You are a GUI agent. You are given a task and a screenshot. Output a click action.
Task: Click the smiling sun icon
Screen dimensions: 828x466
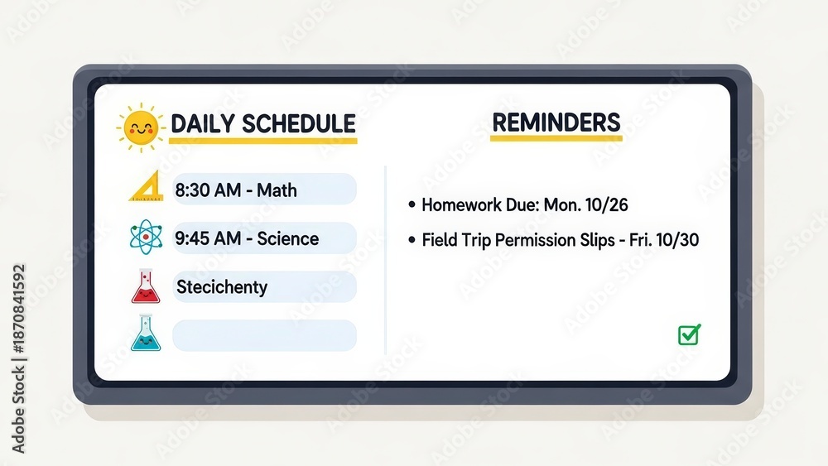141,127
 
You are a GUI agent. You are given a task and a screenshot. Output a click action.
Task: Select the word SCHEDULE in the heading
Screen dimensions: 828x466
299,123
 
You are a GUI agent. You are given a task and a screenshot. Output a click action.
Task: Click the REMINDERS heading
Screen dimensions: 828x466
556,123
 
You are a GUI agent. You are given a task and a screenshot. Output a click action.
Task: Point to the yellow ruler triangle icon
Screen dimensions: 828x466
147,186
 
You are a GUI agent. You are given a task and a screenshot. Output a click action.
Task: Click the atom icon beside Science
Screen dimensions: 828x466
146,237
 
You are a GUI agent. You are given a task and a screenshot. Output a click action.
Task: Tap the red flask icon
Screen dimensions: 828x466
146,286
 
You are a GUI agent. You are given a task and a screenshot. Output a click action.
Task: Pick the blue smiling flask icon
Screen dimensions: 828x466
146,333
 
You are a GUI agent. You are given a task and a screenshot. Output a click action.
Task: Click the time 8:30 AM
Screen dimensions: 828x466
208,190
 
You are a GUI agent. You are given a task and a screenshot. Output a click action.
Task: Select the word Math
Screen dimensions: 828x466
277,190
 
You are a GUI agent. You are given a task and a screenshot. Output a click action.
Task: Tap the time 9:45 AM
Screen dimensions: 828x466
208,238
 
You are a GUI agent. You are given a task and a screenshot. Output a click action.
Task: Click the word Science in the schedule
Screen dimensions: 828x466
288,238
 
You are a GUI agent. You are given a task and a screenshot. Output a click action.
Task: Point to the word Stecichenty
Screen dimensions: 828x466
222,287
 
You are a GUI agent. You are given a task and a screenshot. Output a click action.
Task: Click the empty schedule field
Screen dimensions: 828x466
265,336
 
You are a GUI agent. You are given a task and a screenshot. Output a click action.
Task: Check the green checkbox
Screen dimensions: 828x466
689,334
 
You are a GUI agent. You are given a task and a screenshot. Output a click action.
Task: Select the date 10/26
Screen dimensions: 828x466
607,204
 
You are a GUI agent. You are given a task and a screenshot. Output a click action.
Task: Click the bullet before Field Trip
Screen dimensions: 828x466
412,240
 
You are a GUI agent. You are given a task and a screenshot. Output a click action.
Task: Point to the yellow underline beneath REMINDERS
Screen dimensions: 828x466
556,138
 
